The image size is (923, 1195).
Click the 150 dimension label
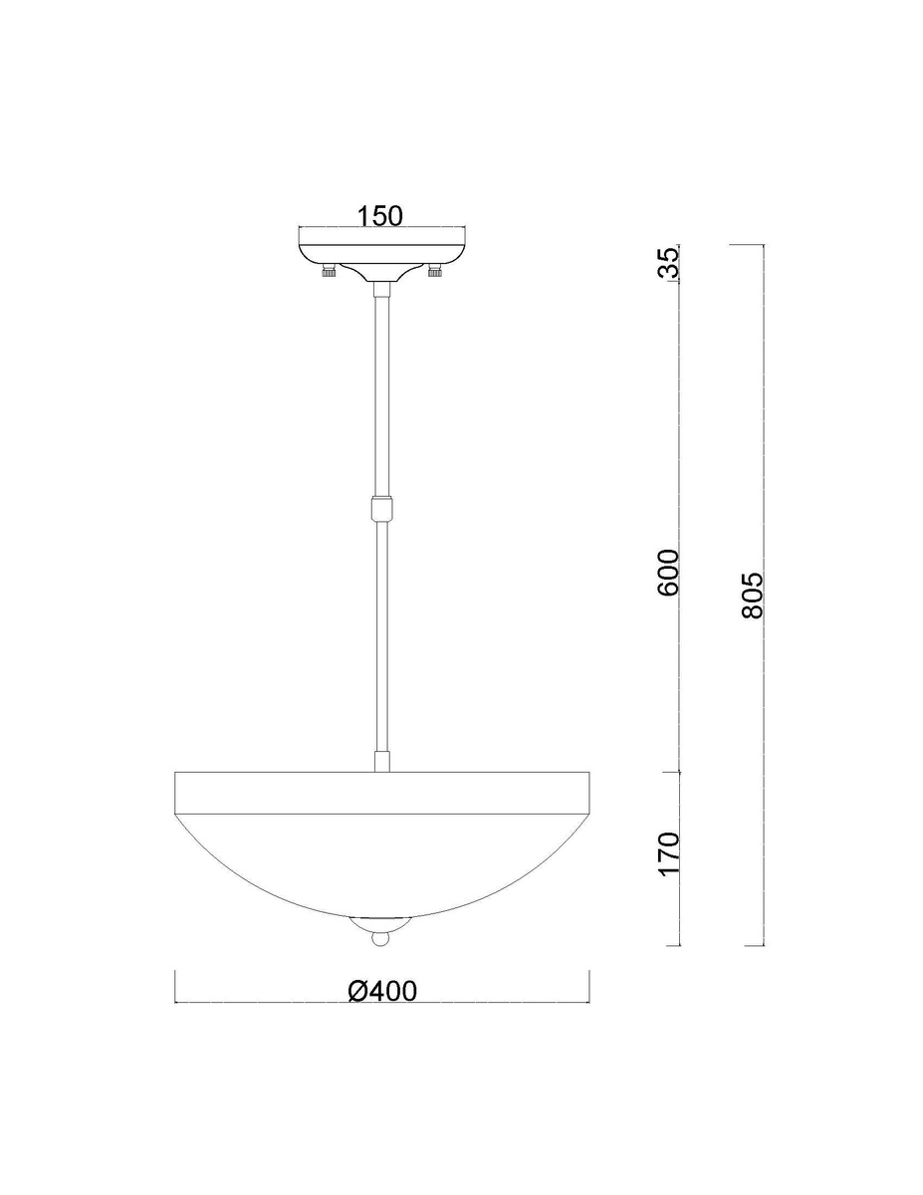[x=380, y=216]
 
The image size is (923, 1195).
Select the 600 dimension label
[x=669, y=572]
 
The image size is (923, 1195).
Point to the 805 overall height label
[x=753, y=596]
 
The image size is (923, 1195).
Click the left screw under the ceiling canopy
[x=329, y=271]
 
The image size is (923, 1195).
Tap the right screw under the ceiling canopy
[x=435, y=271]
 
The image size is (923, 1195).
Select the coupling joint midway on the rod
[x=382, y=508]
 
